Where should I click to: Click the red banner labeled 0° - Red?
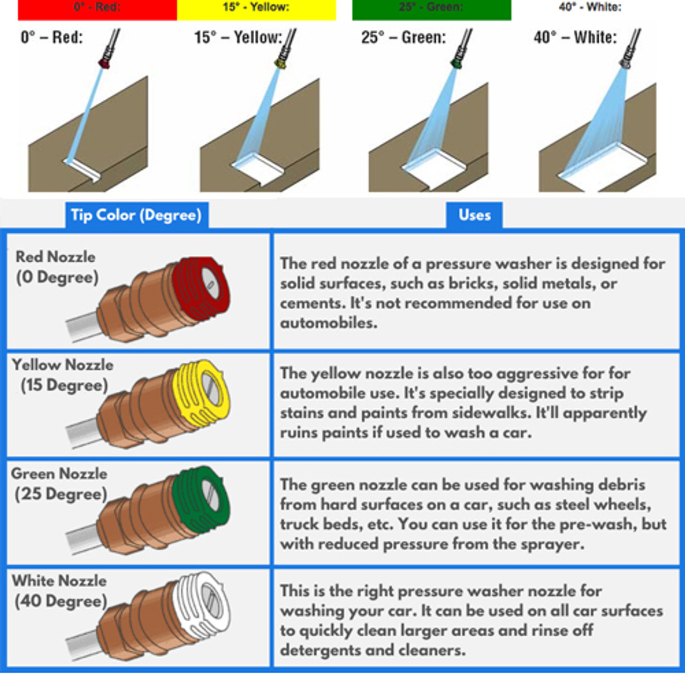point(97,10)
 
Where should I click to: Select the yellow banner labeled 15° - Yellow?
point(256,10)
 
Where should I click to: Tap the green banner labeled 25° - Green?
point(431,10)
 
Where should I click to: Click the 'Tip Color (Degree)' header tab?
point(137,215)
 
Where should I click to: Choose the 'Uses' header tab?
point(474,215)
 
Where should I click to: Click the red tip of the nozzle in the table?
point(201,288)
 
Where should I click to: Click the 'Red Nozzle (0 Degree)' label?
point(56,268)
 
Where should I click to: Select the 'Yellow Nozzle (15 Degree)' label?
point(63,375)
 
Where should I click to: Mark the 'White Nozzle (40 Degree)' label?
point(59,591)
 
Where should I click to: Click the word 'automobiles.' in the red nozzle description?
point(329,323)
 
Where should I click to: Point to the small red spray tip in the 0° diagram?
point(104,64)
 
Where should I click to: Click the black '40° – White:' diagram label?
point(575,37)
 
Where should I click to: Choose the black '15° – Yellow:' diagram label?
point(238,37)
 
